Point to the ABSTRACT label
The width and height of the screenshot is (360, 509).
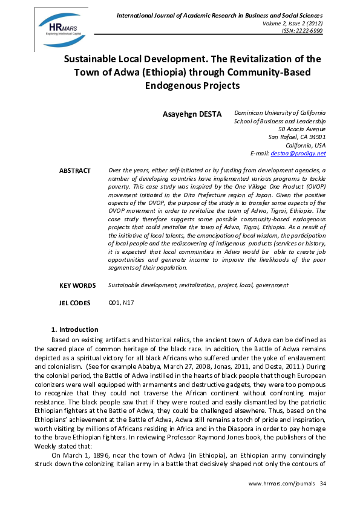point(74,171)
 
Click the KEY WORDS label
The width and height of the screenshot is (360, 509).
point(77,285)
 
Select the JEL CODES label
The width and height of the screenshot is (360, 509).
point(75,303)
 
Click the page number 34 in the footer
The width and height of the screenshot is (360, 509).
point(322,484)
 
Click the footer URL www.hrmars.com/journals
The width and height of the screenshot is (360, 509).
point(282,484)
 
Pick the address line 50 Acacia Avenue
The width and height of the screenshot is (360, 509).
point(301,129)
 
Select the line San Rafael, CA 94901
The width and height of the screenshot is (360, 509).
point(296,137)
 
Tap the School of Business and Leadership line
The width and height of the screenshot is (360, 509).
point(280,121)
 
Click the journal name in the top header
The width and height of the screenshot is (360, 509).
point(220,15)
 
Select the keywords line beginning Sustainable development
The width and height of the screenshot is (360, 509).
point(198,285)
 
